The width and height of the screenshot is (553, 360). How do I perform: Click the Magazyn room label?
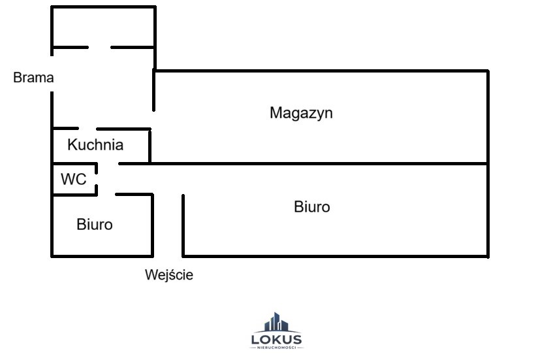pos(301,113)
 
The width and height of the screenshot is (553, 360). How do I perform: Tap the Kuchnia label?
pos(95,144)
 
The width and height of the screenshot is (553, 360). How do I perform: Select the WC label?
pos(73,179)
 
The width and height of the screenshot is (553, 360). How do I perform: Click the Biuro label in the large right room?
pos(312,207)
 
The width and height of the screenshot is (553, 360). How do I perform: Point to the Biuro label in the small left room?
pos(95,225)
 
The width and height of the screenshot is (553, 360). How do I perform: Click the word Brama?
pos(33,77)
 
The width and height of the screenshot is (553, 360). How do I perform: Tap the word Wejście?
pos(169,274)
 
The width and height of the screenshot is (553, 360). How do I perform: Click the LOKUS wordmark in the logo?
pos(277,340)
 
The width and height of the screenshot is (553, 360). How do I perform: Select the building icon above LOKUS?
pos(276,322)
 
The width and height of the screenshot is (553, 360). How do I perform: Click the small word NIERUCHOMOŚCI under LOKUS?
pos(277,348)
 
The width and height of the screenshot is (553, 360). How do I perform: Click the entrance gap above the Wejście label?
pos(168,256)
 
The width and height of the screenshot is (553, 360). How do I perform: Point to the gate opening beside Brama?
pos(52,74)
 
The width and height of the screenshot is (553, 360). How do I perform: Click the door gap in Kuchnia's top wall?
pos(87,129)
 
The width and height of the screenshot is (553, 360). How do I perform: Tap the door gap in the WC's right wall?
pos(96,179)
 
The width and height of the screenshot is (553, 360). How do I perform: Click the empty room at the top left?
pos(103,27)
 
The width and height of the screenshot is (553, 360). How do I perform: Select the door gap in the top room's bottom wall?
pos(99,47)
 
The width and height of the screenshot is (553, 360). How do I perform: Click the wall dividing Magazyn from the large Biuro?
pos(304,164)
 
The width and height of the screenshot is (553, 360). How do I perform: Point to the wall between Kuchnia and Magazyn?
pos(150,146)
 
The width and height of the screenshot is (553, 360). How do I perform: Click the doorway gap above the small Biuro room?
pos(106,195)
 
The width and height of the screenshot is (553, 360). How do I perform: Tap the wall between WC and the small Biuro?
pos(75,195)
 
